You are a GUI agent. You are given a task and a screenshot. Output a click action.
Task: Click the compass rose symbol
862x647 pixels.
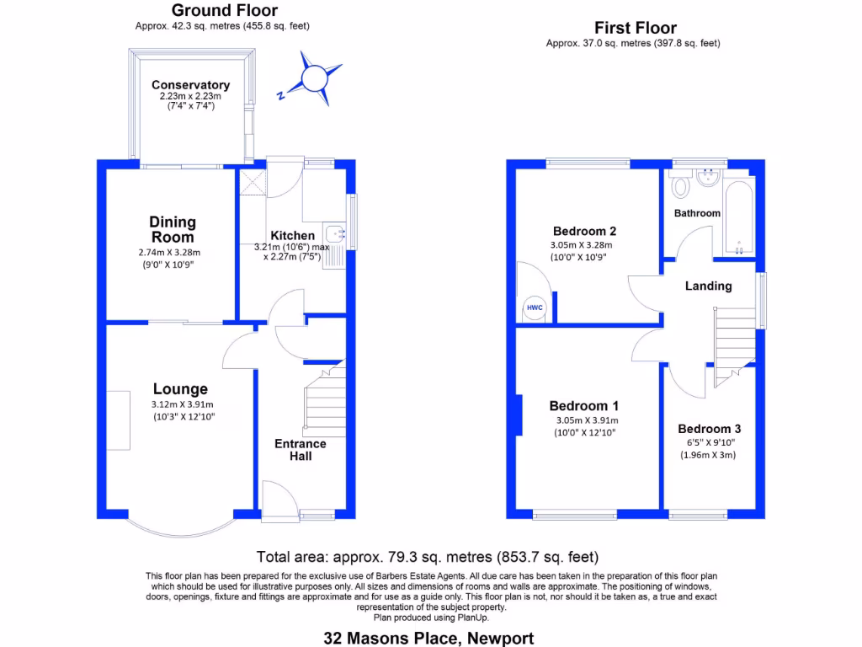coord(312,78)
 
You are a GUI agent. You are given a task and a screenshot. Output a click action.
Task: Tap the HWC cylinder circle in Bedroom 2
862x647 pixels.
coord(535,308)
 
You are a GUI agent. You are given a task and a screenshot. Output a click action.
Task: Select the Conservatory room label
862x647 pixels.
coord(190,85)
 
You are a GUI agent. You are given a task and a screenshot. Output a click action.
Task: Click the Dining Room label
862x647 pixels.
coord(173,229)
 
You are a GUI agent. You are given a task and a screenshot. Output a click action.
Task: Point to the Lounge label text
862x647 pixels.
coord(180,389)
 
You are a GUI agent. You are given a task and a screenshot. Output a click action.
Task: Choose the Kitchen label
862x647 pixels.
coord(292,235)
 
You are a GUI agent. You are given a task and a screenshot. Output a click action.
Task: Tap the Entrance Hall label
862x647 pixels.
coord(301,450)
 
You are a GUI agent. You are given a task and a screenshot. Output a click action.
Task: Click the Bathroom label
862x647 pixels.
coord(697,213)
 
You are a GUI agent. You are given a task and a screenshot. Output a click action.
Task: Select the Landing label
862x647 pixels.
coord(708,286)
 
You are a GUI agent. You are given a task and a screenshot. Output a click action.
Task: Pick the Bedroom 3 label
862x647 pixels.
coord(709,429)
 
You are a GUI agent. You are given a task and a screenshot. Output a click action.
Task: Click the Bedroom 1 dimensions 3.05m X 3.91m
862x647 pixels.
coord(587,420)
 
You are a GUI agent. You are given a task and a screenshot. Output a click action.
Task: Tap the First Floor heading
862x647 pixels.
coord(636,28)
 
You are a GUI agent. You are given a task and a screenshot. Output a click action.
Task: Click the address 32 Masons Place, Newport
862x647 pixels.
coord(429,639)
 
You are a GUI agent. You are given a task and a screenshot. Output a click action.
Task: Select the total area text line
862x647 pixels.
coord(428,557)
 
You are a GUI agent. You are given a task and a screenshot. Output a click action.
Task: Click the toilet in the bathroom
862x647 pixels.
coord(680,183)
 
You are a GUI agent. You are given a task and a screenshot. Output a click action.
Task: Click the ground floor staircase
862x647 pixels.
coord(325,404)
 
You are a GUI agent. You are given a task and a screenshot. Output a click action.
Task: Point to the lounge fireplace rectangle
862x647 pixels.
coord(124,420)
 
